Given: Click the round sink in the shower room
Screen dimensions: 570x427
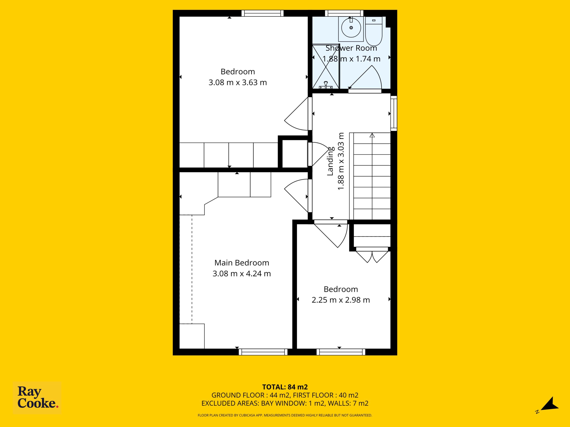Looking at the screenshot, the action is [x=351, y=28].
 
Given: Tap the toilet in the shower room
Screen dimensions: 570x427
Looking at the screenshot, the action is [x=374, y=31].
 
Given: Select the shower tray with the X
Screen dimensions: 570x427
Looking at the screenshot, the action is [x=326, y=66].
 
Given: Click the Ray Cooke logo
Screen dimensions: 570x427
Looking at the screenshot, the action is [x=37, y=398].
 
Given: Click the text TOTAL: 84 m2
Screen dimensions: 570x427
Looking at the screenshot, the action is [x=285, y=387].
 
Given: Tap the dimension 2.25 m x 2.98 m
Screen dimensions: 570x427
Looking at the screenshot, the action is [x=341, y=300].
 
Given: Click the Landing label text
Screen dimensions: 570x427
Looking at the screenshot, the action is [x=330, y=161].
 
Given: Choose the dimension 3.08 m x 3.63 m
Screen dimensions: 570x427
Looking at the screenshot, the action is [x=238, y=82].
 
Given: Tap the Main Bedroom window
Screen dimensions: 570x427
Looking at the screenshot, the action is [x=263, y=352].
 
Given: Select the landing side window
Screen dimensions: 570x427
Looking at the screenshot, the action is [x=394, y=113].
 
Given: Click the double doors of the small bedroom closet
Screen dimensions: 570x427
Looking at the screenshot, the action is [x=372, y=257].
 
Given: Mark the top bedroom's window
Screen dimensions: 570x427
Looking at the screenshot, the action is [x=263, y=13].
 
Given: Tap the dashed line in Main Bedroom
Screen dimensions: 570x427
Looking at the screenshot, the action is [x=192, y=269].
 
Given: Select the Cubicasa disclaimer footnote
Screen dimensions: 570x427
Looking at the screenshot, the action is [x=285, y=415].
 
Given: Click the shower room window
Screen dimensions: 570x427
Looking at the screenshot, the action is [x=344, y=13].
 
